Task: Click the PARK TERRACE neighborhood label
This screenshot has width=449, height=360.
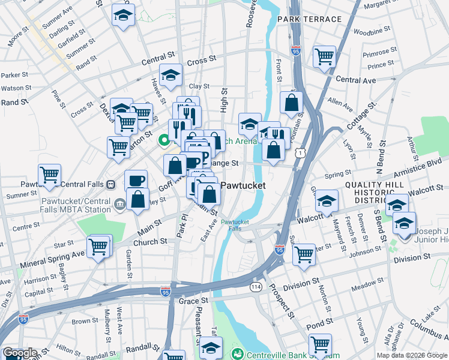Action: pyautogui.click(x=309, y=19)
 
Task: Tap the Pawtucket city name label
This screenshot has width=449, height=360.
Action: pyautogui.click(x=244, y=185)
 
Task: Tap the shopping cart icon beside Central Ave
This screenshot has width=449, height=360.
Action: pyautogui.click(x=324, y=58)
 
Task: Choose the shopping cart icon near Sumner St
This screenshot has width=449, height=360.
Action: pyautogui.click(x=49, y=176)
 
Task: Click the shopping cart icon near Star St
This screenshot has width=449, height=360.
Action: pyautogui.click(x=99, y=246)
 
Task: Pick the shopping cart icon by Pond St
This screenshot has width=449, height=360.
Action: pyautogui.click(x=321, y=345)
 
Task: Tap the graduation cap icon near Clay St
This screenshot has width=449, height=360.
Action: pyautogui.click(x=171, y=76)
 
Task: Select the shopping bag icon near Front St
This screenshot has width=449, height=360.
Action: pyautogui.click(x=291, y=103)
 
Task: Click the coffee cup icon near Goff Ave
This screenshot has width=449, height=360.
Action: pyautogui.click(x=136, y=181)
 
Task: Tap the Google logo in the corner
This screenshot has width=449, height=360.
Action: pyautogui.click(x=20, y=353)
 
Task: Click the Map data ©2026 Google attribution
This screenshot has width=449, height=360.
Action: pyautogui.click(x=411, y=355)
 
